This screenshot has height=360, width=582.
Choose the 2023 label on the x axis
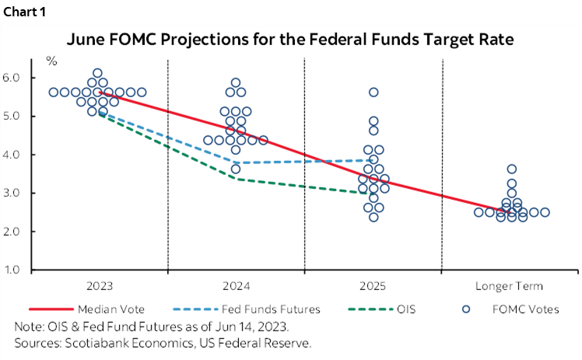98,285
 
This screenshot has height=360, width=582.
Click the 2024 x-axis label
235,285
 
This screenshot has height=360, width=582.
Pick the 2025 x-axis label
373,285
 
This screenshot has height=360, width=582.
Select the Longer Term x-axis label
511,285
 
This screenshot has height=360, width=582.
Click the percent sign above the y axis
51,61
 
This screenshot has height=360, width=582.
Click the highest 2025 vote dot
373,92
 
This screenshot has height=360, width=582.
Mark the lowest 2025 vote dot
373,217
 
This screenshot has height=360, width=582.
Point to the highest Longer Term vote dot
511,169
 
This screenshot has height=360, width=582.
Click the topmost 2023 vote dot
97,73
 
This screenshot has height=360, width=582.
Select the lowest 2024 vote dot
236,169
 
